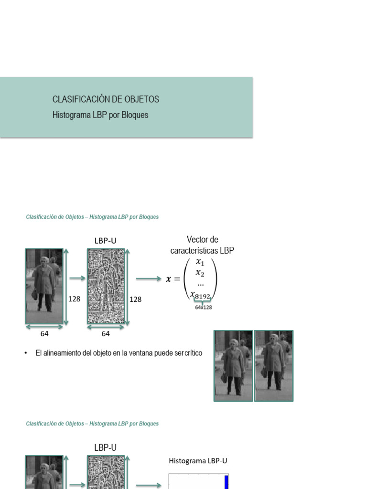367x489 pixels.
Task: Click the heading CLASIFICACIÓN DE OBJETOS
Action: (106, 99)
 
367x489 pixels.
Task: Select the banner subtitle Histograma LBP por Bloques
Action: (100, 115)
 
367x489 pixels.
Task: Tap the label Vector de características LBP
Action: (202, 245)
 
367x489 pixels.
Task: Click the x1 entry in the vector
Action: (200, 262)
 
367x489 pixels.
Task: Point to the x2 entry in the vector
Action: (200, 273)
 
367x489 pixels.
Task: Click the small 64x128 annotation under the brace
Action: (204, 308)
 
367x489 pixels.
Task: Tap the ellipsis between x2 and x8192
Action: (201, 284)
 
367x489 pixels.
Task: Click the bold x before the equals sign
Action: (168, 279)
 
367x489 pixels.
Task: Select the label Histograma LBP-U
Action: (198, 461)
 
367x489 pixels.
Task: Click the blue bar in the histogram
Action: (227, 481)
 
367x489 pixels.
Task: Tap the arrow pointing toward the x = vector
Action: (148, 279)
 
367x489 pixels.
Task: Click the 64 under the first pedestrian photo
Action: (44, 334)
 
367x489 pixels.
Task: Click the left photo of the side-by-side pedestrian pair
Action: (234, 366)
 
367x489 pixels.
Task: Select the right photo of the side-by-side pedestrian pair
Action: (274, 366)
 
